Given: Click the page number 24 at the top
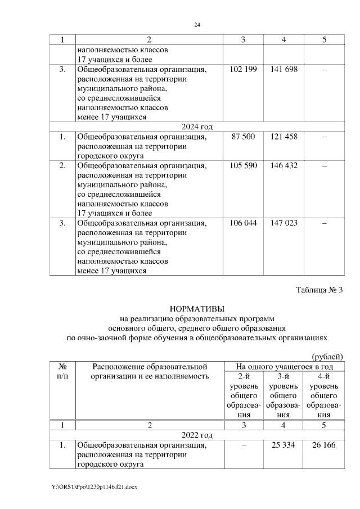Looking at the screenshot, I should coord(197,25).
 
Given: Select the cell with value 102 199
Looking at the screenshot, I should coord(244,70).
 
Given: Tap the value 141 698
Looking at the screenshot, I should coord(283,70).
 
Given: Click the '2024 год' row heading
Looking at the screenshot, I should coord(197,125).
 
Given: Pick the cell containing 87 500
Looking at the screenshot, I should coord(244,137).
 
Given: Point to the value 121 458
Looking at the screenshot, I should coord(283,137).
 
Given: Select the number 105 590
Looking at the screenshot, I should coord(244,165).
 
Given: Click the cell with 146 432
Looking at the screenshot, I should coord(283,165).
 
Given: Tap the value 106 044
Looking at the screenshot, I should coord(244,223).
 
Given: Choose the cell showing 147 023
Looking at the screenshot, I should coord(283,223).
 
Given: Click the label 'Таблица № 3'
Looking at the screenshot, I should coord(319,290).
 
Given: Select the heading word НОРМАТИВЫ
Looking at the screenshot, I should coord(197,309).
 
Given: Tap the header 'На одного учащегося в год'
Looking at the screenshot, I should coord(283,367).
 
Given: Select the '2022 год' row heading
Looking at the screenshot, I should coord(197,435).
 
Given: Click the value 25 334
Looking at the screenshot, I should coord(283,446).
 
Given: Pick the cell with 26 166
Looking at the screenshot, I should coord(323,446).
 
